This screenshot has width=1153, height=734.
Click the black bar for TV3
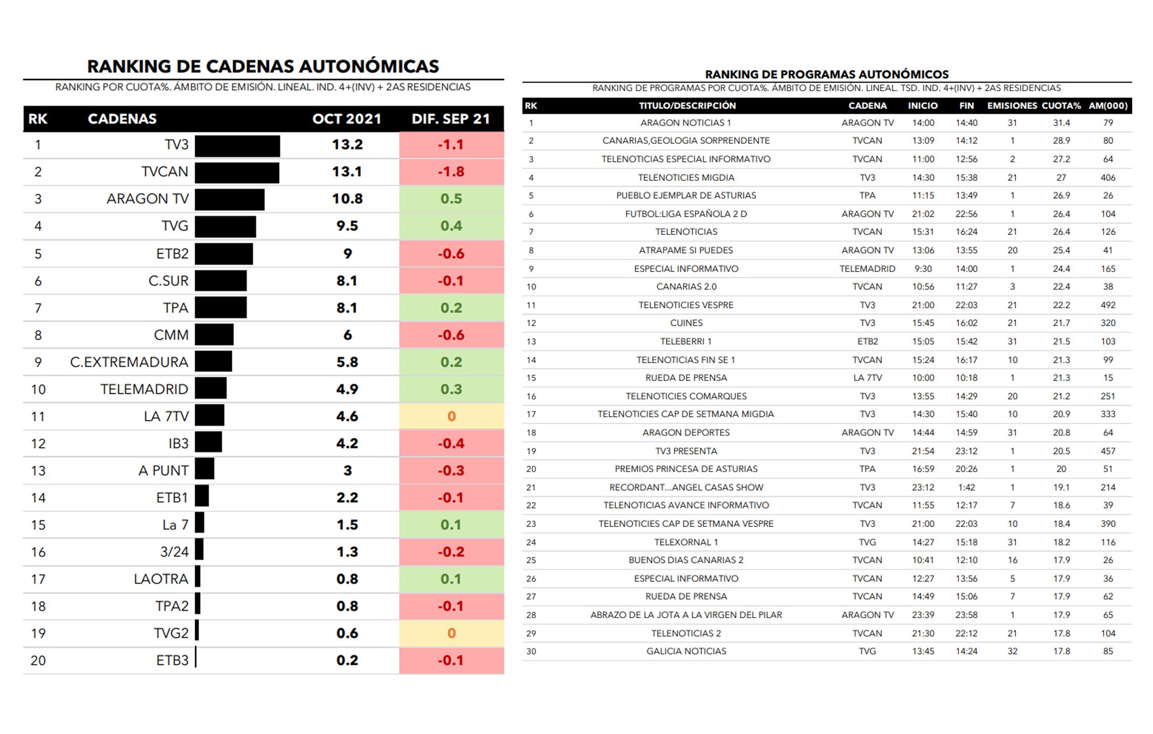[x=237, y=146]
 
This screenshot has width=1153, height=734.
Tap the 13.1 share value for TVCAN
[x=347, y=172]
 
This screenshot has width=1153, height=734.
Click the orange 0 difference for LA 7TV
[x=451, y=417]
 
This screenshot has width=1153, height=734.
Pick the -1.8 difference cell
[x=451, y=172]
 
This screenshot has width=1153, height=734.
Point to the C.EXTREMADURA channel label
[x=129, y=362]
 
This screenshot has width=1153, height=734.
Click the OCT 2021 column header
[x=346, y=119]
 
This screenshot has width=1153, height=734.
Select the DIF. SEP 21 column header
[x=451, y=119]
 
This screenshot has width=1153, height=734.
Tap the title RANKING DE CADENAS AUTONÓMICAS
[x=263, y=67]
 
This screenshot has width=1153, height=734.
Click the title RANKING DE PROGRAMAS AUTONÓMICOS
[x=826, y=74]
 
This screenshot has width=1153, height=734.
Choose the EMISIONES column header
[x=1012, y=106]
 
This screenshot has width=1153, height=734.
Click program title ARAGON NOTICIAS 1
[x=686, y=123]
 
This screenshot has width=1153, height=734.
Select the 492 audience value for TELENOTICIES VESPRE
[x=1108, y=305]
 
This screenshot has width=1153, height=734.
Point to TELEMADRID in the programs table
[x=867, y=269]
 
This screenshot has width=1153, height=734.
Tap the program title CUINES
[x=686, y=323]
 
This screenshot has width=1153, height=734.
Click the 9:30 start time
[x=923, y=269]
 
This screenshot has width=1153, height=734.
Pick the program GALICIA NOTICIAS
[x=686, y=651]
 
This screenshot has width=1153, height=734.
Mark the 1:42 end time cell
[x=966, y=488]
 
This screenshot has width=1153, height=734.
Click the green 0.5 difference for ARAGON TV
[x=451, y=199]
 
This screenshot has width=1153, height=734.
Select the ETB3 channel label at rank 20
[x=172, y=661]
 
